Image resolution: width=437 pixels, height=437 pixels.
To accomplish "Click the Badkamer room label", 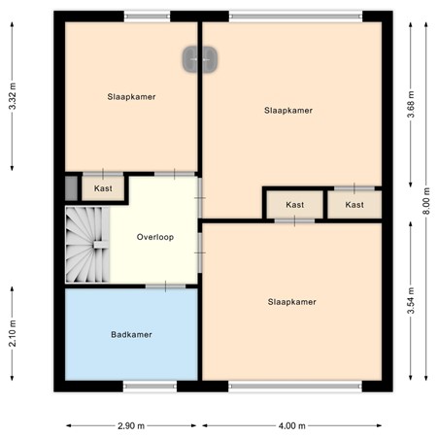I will pos(131,334).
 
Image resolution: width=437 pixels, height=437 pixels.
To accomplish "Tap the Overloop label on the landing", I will pos(154,236).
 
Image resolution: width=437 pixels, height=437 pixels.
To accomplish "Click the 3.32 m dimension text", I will pos(12,94).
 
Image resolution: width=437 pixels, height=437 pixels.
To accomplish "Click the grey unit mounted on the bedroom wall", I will pos(201,59).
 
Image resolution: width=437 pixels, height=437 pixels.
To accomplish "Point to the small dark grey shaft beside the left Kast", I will pos(70,187).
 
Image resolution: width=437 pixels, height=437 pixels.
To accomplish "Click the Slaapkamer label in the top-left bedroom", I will pos(131,96).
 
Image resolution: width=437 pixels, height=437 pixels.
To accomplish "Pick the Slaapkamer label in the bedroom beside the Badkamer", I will pos(291,301).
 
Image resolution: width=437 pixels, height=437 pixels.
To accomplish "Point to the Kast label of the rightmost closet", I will pos(354,205).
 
